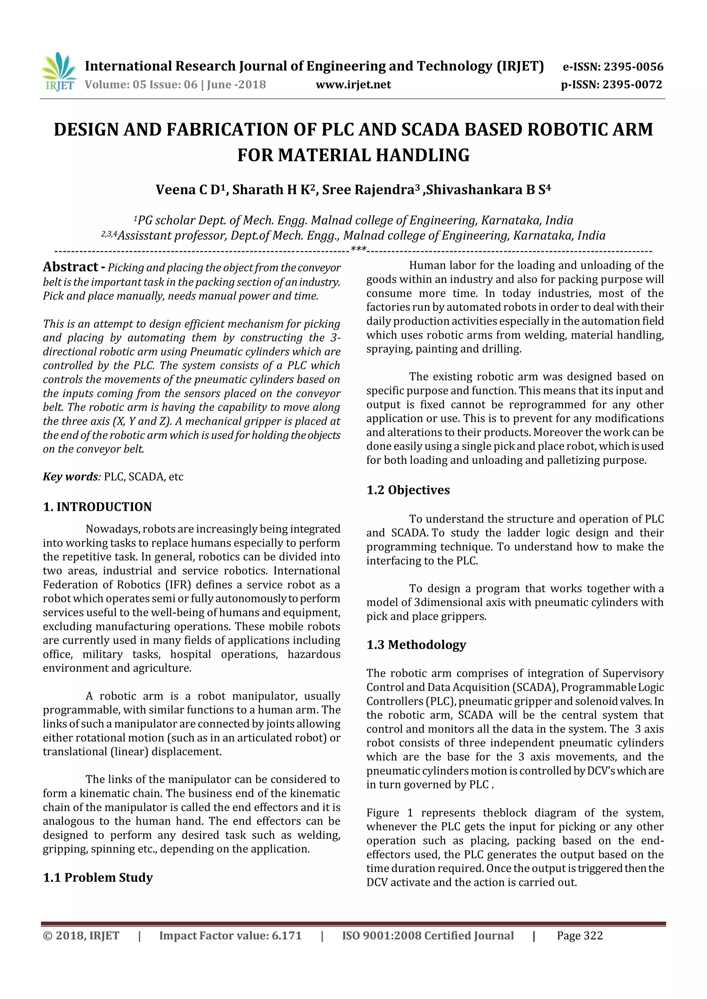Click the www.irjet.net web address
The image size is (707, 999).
(x=353, y=85)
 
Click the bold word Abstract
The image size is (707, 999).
(x=70, y=267)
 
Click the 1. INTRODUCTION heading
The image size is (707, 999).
(x=97, y=506)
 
